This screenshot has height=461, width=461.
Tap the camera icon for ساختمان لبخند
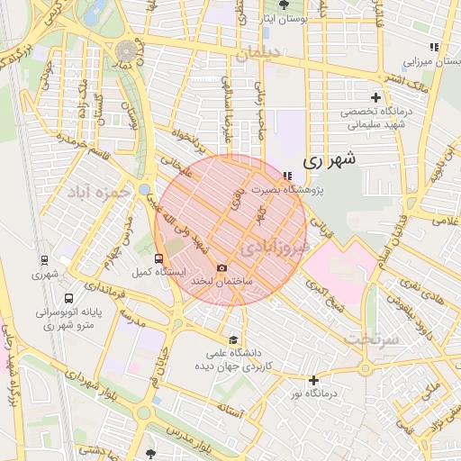pyautogui.click(x=221, y=268)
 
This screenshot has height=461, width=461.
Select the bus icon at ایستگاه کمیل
pyautogui.click(x=159, y=259)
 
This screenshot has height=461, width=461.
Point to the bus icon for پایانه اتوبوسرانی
pyautogui.click(x=69, y=299)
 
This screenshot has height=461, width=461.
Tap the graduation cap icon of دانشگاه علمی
pyautogui.click(x=233, y=339)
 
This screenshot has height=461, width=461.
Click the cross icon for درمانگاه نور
pyautogui.click(x=312, y=381)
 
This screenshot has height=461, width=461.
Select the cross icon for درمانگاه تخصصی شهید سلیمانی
pyautogui.click(x=375, y=97)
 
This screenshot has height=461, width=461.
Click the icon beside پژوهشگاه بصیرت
pyautogui.click(x=286, y=176)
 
